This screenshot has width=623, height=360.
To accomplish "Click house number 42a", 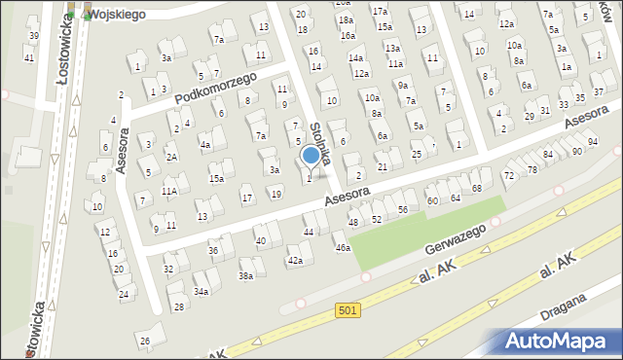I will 295,261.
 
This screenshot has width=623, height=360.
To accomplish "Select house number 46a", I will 343,248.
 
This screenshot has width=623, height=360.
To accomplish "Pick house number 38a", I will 246,276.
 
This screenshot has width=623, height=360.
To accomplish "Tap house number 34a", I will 201,291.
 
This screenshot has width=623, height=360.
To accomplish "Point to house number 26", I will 145,341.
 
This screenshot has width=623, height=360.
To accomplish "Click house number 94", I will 592,142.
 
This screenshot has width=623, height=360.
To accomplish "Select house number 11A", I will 169,192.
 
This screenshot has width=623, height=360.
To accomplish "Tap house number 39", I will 34,36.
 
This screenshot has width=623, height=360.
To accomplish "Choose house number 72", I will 507,175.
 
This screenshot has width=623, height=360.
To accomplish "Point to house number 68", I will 476,188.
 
